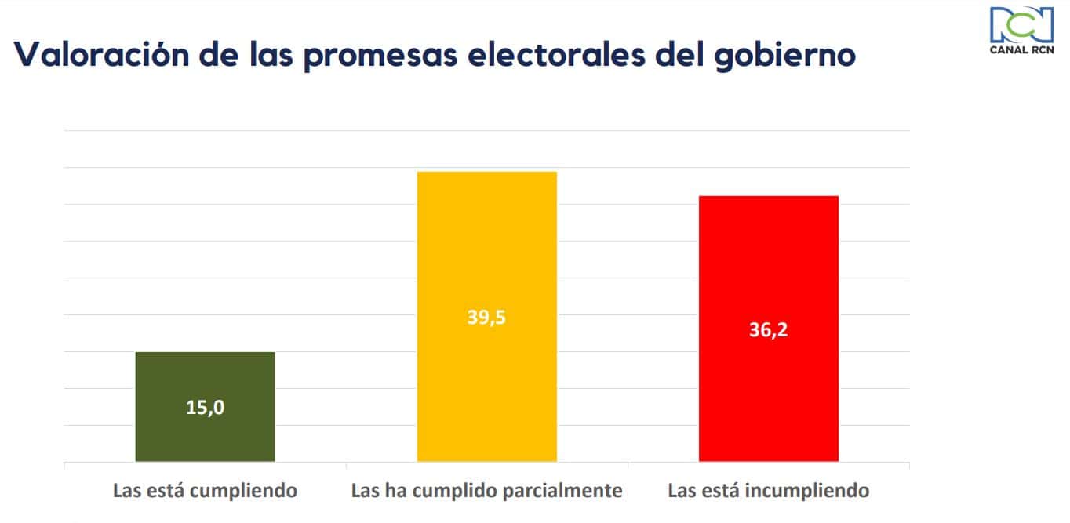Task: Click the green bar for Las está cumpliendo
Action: click(205, 376)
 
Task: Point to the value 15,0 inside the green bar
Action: click(205, 408)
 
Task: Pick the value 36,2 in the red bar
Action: click(768, 329)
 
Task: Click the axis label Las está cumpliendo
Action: click(205, 492)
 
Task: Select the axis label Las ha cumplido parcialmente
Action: click(486, 492)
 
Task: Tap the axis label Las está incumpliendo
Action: click(768, 492)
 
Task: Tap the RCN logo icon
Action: click(1021, 24)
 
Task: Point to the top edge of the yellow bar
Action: click(486, 172)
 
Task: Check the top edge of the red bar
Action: click(768, 196)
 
